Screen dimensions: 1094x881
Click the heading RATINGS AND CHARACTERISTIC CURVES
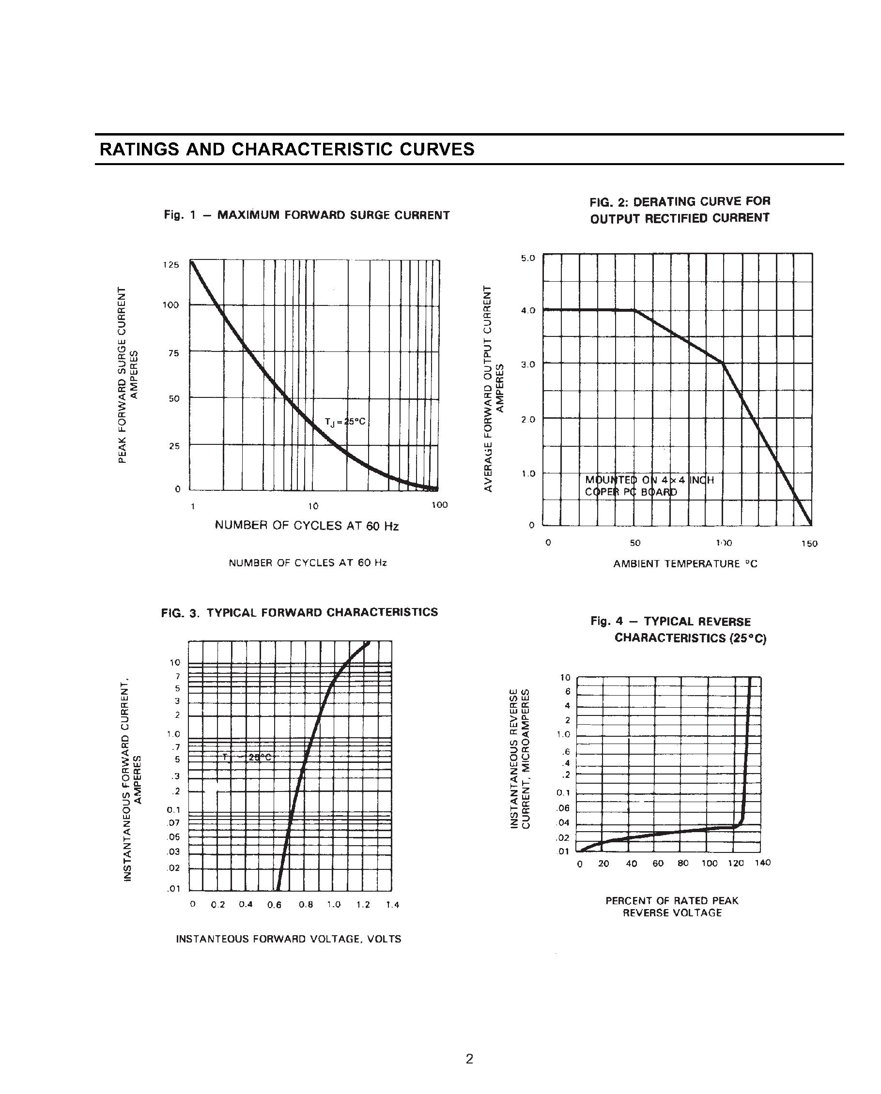click(287, 149)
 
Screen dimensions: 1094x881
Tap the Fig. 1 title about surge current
click(307, 215)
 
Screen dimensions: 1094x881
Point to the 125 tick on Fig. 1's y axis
click(170, 265)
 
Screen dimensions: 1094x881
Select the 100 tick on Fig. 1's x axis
click(439, 505)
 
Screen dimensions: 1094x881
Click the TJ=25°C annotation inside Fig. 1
click(345, 422)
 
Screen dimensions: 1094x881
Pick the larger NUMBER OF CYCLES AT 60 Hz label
click(307, 526)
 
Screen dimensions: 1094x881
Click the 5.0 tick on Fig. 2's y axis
click(527, 258)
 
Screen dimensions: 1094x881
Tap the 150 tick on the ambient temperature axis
click(809, 544)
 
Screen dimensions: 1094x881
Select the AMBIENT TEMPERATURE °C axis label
click(685, 564)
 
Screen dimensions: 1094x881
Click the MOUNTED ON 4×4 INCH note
click(649, 480)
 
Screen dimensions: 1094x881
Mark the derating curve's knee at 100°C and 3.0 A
click(723, 363)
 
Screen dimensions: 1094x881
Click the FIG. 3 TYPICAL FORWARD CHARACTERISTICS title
click(299, 612)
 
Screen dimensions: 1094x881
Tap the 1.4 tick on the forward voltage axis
click(392, 905)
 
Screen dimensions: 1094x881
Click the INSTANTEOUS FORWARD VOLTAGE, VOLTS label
click(288, 939)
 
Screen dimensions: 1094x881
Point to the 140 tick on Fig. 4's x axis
click(763, 863)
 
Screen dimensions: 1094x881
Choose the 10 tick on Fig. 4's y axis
click(565, 677)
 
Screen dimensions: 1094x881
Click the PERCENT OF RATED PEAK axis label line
click(672, 901)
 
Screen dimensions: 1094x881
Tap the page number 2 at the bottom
click(469, 1059)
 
